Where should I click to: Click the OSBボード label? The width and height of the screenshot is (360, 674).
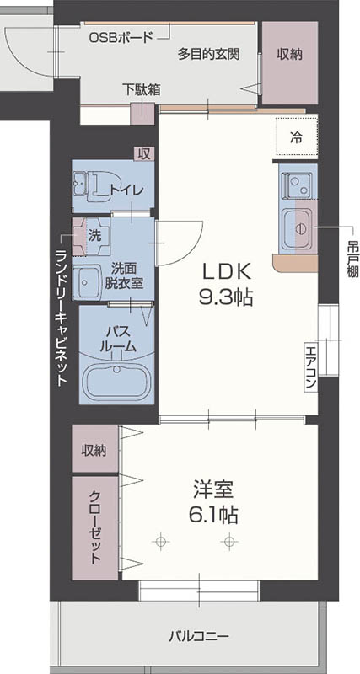(121, 37)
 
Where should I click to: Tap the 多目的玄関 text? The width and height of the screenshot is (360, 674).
(209, 53)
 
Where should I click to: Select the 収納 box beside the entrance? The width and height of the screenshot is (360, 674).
(289, 53)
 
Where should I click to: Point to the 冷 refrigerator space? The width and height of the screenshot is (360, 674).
(296, 135)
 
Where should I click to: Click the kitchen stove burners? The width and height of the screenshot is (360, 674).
(297, 184)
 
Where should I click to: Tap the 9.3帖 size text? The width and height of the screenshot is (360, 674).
(225, 297)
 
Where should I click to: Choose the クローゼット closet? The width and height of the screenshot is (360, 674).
(94, 527)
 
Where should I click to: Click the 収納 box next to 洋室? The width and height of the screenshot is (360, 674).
(94, 450)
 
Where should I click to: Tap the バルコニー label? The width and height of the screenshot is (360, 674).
(198, 636)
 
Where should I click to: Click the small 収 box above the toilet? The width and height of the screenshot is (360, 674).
(144, 152)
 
